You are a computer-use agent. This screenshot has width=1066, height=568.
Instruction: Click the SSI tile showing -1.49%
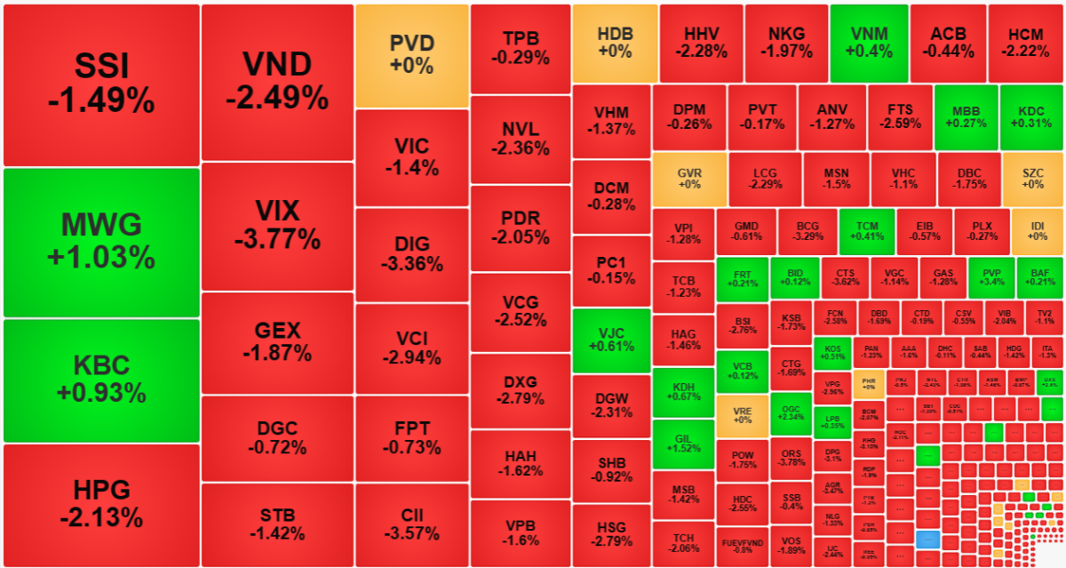(x=101, y=84)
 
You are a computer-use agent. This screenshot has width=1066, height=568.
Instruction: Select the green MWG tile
(x=101, y=242)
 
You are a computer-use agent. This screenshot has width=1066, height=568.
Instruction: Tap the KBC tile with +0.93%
(x=101, y=380)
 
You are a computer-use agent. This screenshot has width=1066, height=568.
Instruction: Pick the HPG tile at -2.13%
(x=101, y=504)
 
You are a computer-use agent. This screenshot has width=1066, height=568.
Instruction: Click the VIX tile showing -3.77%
(x=277, y=226)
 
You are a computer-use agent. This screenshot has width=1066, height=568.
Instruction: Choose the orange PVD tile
(x=411, y=55)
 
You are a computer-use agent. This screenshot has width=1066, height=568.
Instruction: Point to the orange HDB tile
(x=615, y=43)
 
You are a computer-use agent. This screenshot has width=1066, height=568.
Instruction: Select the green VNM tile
(x=869, y=43)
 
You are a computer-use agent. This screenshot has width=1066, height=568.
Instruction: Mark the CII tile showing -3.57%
(x=411, y=524)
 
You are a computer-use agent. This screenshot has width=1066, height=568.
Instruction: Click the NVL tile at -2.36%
(x=520, y=139)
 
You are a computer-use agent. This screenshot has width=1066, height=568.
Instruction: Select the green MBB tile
(x=966, y=117)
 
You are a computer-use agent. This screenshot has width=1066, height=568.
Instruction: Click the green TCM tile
(x=866, y=231)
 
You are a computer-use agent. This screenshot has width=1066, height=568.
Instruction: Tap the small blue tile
(x=927, y=539)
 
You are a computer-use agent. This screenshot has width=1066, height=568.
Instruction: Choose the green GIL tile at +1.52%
(x=682, y=444)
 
